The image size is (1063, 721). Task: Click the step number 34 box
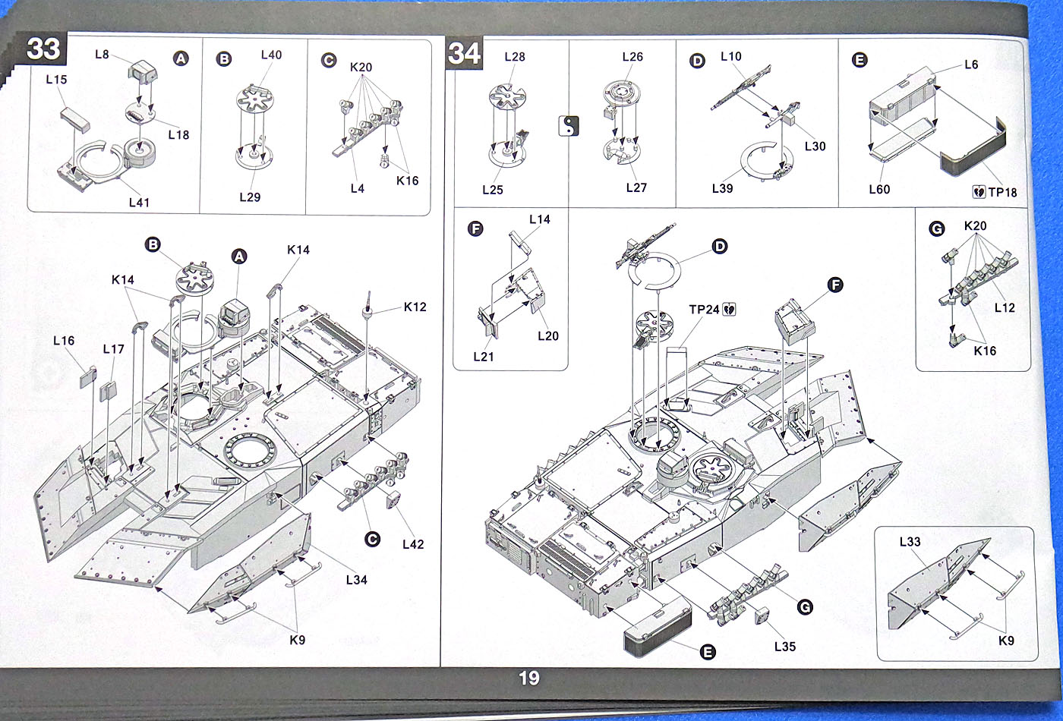point(464,54)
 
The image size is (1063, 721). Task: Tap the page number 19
point(529,678)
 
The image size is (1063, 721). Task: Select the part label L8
point(103,54)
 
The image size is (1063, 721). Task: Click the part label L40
point(271,55)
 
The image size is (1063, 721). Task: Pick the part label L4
point(357,188)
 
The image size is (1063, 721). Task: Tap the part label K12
point(415,307)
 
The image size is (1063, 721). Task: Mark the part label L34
point(356,580)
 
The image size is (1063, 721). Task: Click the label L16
point(64,341)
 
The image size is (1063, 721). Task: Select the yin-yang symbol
point(569,126)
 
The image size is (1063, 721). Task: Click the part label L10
point(730,56)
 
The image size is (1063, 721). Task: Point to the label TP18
point(1001,193)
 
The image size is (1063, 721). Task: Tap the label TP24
point(704,310)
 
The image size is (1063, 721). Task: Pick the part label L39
point(722,188)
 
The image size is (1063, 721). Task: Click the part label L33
point(910,542)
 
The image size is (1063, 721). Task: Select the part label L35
point(785,647)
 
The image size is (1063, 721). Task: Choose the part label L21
point(483,355)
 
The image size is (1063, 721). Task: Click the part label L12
point(1004,307)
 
